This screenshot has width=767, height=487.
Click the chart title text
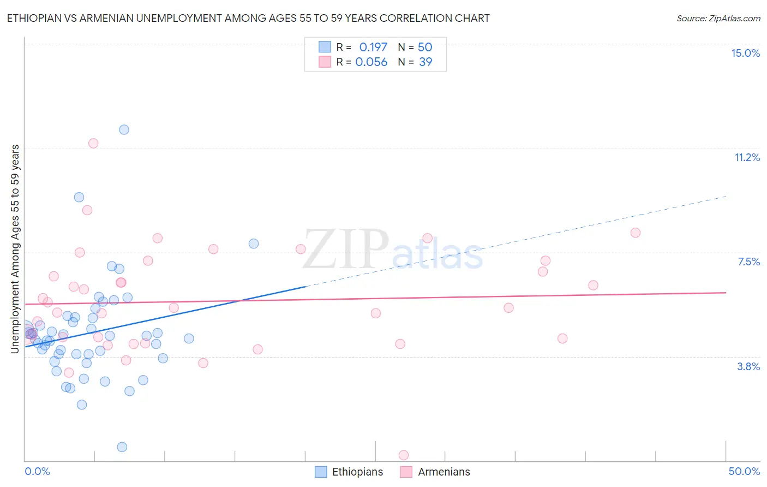pos(248,18)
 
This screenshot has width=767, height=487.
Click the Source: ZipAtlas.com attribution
pos(718,18)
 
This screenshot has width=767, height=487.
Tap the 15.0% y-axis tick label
pos(745,53)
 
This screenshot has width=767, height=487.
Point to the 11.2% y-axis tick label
pos(747,157)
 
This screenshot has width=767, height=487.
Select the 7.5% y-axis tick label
pos(748,262)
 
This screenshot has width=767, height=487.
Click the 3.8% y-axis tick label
pos(748,366)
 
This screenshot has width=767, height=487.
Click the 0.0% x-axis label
pos(37,471)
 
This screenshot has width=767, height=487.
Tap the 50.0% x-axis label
pos(744,471)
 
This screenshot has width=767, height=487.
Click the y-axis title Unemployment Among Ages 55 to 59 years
pos(15,249)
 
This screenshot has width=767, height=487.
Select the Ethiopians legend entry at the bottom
pos(349,472)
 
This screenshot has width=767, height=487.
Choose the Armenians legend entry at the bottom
pos(435,472)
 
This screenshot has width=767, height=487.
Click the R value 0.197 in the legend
pos(373,47)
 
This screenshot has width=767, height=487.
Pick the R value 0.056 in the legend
pos(371,62)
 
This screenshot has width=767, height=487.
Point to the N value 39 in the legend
pos(426,62)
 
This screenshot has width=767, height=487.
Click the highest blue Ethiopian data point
pos(124,129)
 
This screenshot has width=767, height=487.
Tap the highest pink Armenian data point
pos(93,143)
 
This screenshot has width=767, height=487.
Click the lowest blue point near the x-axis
pos(122,447)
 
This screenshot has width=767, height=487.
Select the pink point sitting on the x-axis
pos(404,455)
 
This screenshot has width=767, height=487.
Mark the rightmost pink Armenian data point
pos(635,233)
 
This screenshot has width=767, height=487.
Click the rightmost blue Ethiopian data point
pos(254,243)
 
